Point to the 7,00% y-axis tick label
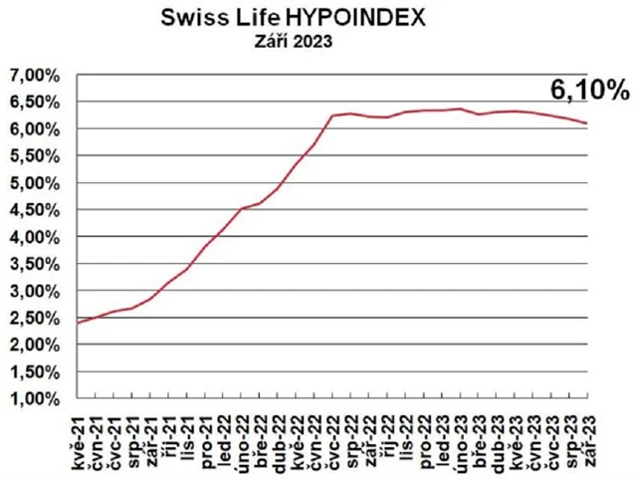tap(36, 76)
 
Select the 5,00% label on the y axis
tap(36, 183)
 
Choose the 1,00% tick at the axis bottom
tap(36, 398)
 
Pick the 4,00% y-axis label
tap(36, 237)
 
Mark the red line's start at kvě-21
tap(79, 322)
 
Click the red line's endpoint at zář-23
tap(586, 123)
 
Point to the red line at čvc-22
tap(332, 116)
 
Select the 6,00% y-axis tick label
tap(36, 129)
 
